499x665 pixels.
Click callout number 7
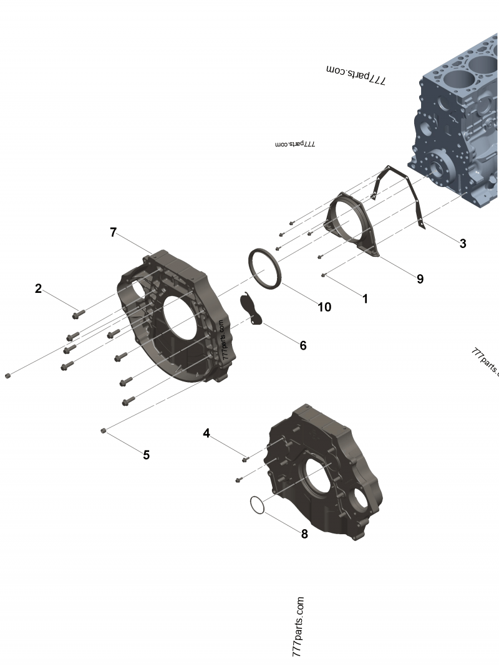113,232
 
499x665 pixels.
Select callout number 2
39,289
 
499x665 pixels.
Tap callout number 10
324,307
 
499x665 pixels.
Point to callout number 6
303,345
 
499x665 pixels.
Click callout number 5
146,455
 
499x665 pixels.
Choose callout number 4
206,433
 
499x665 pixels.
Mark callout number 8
304,534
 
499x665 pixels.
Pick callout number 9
420,279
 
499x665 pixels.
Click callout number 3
462,244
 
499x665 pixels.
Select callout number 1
365,299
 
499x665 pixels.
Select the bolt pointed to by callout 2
79,312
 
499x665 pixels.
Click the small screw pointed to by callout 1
323,275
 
